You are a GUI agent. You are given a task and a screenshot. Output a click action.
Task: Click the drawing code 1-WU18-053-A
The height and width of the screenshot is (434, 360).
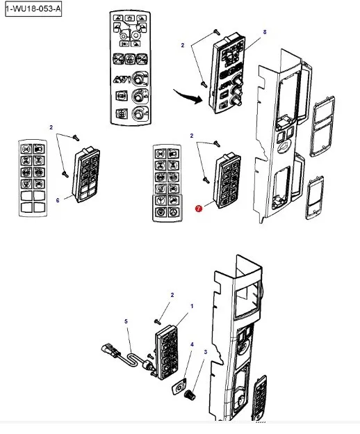[x=33, y=9]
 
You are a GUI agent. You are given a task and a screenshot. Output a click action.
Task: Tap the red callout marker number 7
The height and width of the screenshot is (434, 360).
[x=199, y=209]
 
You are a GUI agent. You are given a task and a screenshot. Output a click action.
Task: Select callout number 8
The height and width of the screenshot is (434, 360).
[x=265, y=32]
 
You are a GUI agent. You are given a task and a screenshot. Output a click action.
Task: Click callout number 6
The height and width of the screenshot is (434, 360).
[x=58, y=200]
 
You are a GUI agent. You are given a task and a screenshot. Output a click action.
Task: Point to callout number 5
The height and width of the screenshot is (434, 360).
[x=126, y=321]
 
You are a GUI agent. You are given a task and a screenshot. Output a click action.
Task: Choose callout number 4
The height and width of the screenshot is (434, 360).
[x=192, y=344]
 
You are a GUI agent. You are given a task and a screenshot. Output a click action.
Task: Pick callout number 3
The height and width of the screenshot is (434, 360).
[x=206, y=352]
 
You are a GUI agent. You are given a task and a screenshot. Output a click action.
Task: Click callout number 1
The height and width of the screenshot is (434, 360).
[x=192, y=306]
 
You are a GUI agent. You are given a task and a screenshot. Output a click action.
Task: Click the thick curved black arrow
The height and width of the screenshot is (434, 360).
[x=188, y=96]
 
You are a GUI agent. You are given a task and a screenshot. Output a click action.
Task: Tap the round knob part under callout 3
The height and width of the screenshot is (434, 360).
[x=190, y=394]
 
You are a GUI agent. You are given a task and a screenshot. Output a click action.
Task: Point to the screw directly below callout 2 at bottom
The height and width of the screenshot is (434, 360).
[x=158, y=321]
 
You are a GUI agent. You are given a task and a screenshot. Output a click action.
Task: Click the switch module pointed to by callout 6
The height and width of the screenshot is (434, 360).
[x=85, y=175]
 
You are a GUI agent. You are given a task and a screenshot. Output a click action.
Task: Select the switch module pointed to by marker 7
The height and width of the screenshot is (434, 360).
[x=227, y=180]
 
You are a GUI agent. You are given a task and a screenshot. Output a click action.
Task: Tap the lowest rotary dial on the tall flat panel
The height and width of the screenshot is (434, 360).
[x=138, y=113]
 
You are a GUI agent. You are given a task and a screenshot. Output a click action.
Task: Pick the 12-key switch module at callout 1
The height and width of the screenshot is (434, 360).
[x=167, y=352]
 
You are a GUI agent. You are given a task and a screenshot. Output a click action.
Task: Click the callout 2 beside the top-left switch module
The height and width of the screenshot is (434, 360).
[x=51, y=127]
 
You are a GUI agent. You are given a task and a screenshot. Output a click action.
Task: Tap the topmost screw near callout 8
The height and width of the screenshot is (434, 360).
[x=217, y=33]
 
